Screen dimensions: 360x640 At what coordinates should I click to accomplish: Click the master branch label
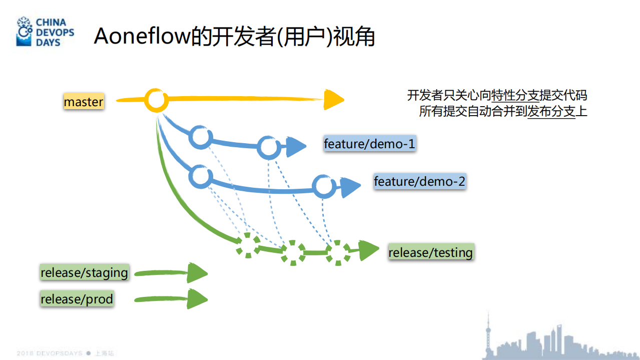pyautogui.click(x=84, y=102)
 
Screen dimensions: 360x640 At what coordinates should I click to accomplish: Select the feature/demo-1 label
pyautogui.click(x=369, y=144)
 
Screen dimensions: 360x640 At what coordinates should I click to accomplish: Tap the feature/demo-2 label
pyautogui.click(x=420, y=181)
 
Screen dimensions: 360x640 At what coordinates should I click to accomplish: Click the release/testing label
pyautogui.click(x=430, y=252)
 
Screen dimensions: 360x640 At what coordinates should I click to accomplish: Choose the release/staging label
pyautogui.click(x=84, y=273)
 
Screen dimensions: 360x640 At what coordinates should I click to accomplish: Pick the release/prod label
pyautogui.click(x=77, y=299)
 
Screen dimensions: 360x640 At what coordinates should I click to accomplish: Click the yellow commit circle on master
pyautogui.click(x=156, y=100)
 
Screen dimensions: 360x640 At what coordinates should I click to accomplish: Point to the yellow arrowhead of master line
pyautogui.click(x=332, y=100)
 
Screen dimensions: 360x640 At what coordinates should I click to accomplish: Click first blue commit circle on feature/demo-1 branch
pyautogui.click(x=201, y=137)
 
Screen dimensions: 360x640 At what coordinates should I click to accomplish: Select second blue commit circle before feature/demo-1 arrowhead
pyautogui.click(x=269, y=147)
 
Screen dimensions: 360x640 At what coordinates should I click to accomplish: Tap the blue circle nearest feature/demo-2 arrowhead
pyautogui.click(x=323, y=186)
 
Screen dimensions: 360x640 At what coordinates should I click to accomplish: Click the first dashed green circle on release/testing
pyautogui.click(x=248, y=245)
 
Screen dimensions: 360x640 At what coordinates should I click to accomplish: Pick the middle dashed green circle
pyautogui.click(x=293, y=252)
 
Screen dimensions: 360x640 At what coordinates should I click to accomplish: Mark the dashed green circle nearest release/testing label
pyautogui.click(x=339, y=252)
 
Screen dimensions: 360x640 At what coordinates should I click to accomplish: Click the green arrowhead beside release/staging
pyautogui.click(x=197, y=273)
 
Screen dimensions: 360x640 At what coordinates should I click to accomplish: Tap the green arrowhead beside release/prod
pyautogui.click(x=197, y=299)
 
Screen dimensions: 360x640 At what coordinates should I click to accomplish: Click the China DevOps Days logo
pyautogui.click(x=45, y=32)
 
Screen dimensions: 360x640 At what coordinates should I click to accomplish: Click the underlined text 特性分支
pyautogui.click(x=515, y=96)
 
